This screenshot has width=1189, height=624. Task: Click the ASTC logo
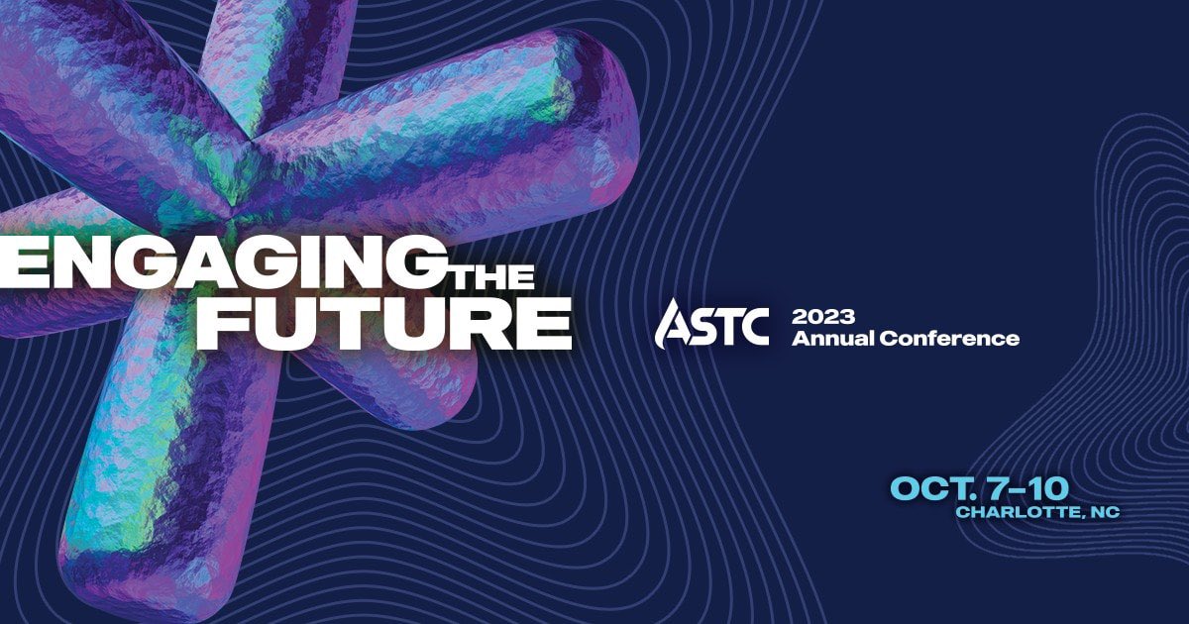711,323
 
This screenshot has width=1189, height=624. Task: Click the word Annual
832,339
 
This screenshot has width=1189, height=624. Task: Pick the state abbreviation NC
1103,512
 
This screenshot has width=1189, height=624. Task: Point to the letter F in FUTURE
220,321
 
